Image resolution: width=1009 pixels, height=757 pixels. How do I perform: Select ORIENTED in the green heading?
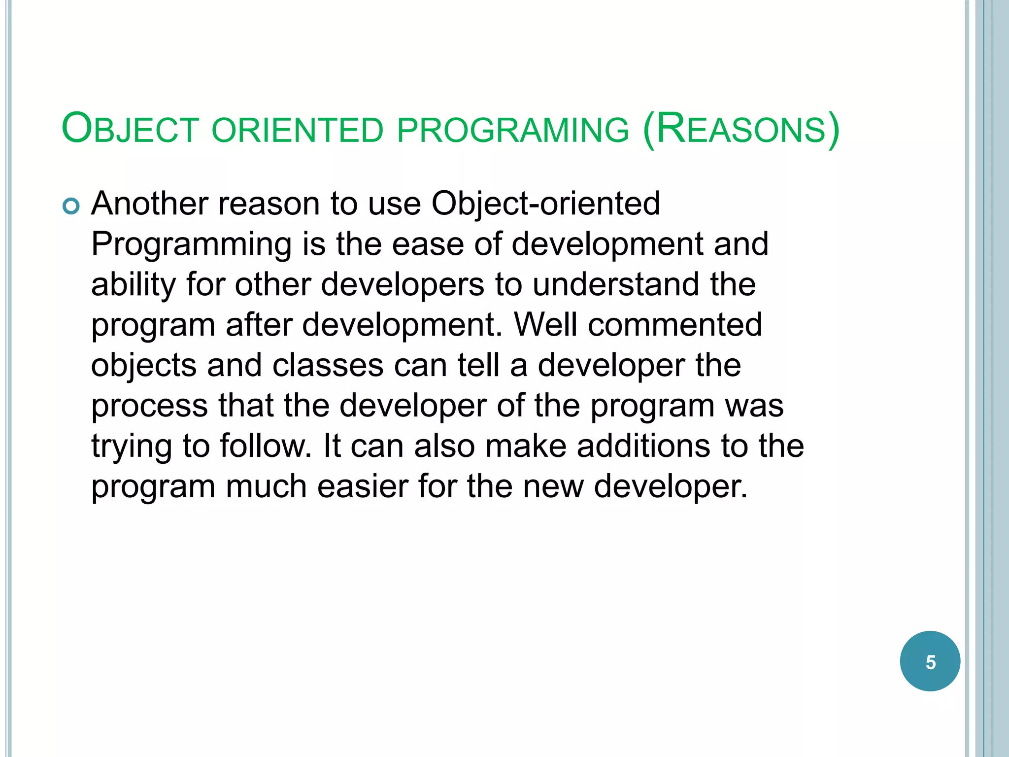[297, 130]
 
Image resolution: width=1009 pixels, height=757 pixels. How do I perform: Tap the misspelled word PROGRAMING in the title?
[513, 130]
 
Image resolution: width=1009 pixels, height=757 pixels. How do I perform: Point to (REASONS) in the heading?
[741, 129]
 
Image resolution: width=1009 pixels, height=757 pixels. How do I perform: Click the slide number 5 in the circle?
[930, 662]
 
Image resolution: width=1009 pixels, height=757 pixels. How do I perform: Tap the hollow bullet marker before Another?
[71, 206]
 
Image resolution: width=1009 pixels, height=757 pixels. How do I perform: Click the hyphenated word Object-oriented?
[545, 204]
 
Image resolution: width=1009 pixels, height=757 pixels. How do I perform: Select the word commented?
[675, 325]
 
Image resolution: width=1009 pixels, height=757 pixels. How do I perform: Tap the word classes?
[328, 365]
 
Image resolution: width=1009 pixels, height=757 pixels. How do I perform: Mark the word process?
[150, 406]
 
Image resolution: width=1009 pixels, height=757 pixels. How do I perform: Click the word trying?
[132, 447]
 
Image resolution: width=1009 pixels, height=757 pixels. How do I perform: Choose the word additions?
[643, 446]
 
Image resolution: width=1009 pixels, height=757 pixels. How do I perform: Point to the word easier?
[362, 486]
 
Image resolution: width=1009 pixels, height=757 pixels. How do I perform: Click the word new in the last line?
[553, 486]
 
